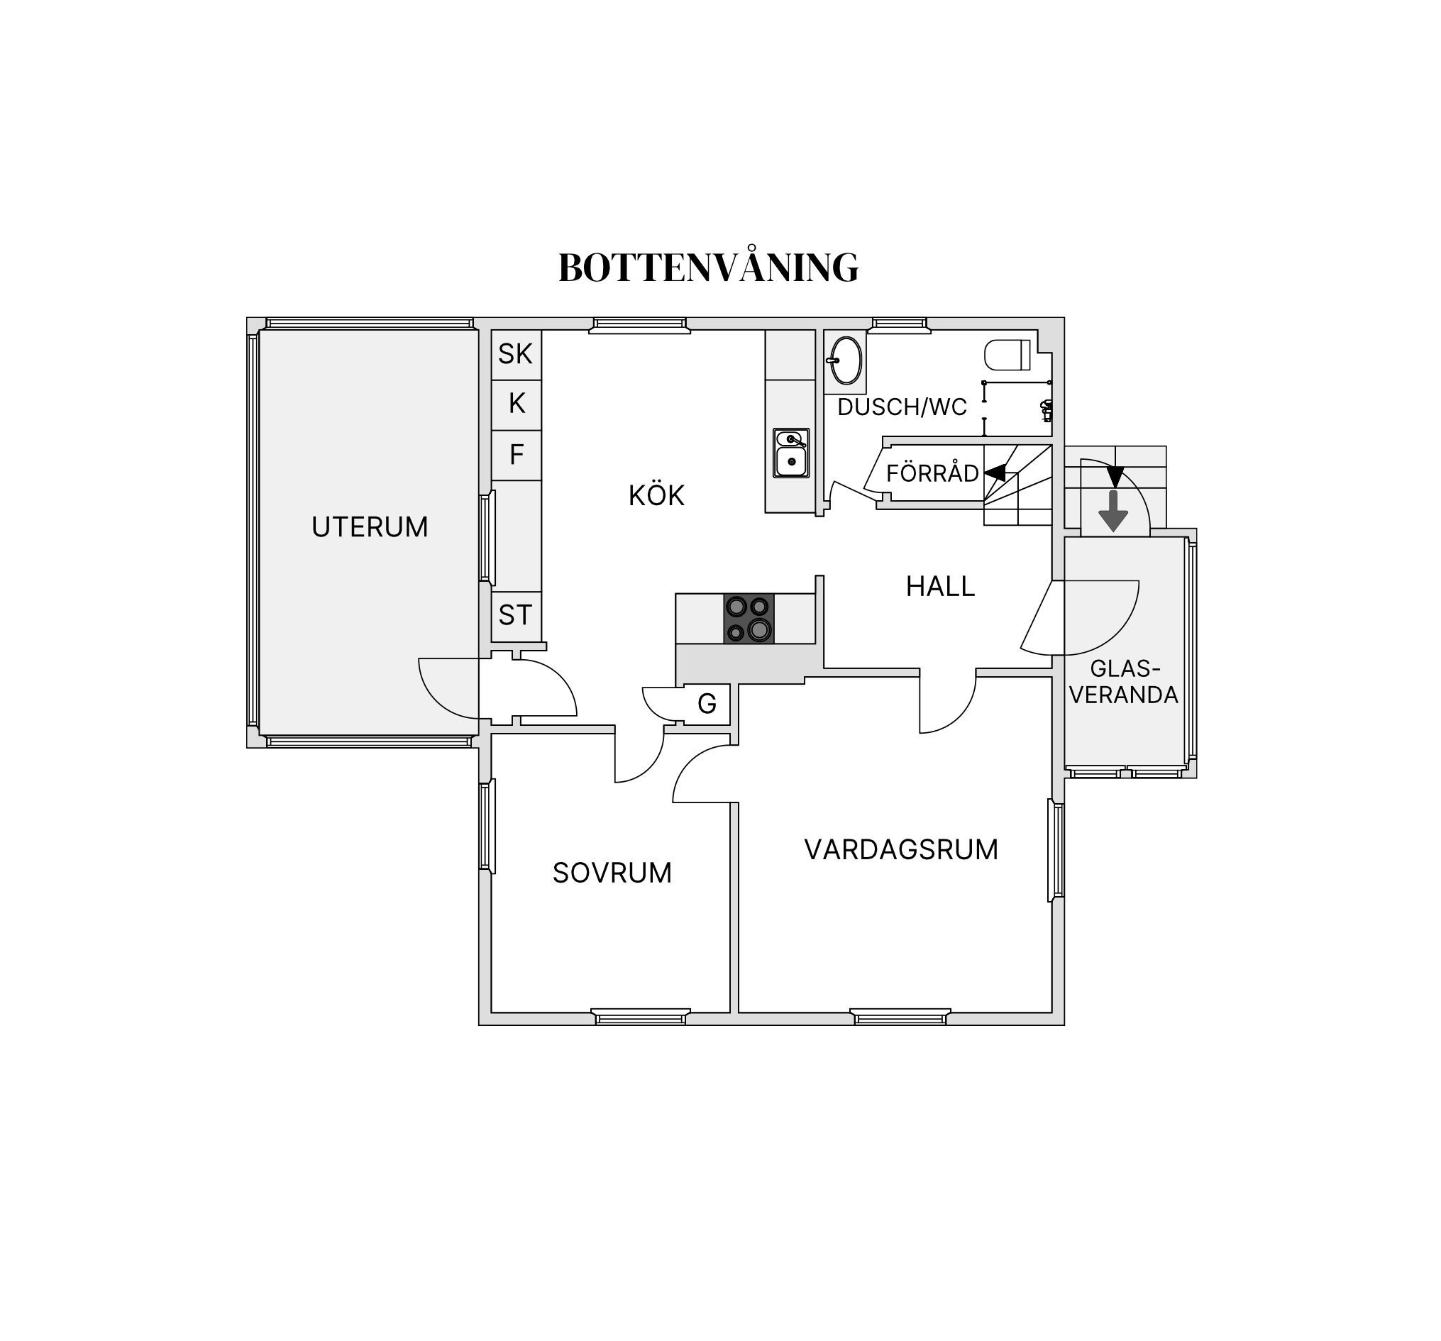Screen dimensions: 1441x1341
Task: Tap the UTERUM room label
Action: point(370,527)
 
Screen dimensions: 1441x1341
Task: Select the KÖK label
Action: point(657,495)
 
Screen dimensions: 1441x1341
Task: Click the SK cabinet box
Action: point(516,355)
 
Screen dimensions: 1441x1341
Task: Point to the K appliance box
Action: point(516,404)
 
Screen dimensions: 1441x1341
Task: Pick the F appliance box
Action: point(516,456)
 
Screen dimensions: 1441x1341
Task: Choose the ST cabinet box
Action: point(516,616)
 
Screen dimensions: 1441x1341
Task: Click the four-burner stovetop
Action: point(749,618)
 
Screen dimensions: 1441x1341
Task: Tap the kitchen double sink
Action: point(792,453)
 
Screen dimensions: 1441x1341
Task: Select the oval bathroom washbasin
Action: point(845,360)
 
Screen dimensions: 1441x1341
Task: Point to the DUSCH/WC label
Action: point(902,407)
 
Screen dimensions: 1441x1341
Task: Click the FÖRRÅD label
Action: point(932,473)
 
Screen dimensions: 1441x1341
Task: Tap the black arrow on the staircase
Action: point(995,473)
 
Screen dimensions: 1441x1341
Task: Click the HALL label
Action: point(940,586)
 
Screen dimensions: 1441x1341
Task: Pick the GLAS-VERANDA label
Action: point(1125,682)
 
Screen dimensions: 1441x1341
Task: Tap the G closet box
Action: point(707,703)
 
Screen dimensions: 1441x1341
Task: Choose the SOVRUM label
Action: point(612,873)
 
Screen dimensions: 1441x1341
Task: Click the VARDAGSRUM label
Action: point(901,849)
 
